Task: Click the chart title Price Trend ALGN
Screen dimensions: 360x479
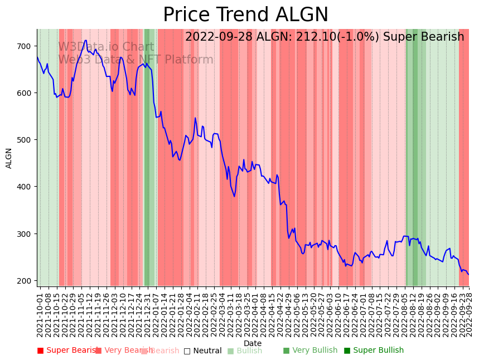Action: pos(245,15)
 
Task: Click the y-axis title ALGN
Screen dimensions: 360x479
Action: pos(9,158)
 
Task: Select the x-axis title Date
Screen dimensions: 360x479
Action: pos(253,343)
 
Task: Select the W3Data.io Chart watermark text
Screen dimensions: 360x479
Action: pos(106,47)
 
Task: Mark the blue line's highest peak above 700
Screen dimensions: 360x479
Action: pos(85,40)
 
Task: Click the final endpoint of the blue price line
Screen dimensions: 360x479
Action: pos(468,274)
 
